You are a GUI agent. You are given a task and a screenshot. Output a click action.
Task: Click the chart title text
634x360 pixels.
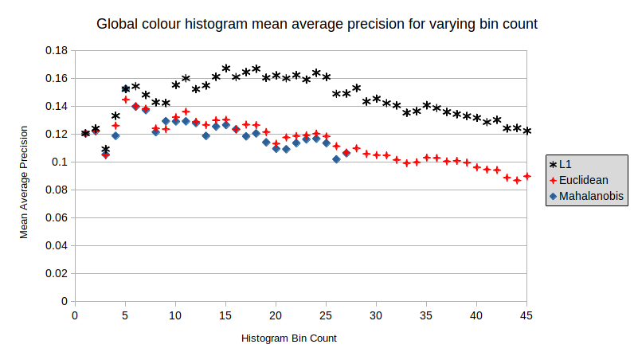[x=316, y=24]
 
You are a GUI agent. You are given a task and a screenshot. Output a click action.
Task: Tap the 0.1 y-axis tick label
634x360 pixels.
[x=60, y=162]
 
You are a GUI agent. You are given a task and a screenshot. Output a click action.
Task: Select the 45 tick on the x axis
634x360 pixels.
[x=526, y=315]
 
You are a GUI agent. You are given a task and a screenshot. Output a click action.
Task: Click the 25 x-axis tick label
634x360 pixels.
[x=326, y=315]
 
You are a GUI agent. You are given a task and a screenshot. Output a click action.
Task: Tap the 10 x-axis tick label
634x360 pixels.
[x=174, y=315]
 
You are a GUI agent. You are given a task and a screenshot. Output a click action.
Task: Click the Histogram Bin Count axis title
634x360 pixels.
[x=288, y=338]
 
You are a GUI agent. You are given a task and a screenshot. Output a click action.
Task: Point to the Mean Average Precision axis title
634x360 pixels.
[x=24, y=182]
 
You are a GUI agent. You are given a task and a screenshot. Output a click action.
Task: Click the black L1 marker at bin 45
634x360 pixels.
[x=526, y=131]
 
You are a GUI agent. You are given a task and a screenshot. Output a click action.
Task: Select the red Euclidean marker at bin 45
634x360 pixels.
[x=526, y=176]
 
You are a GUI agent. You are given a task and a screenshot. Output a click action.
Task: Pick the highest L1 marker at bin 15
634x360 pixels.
[x=225, y=68]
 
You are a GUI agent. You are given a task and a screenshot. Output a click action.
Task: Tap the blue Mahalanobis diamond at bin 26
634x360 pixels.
[x=336, y=159]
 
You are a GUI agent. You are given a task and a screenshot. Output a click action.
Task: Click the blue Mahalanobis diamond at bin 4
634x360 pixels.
[x=115, y=135]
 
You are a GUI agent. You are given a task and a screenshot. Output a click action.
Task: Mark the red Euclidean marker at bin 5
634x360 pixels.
[x=125, y=100]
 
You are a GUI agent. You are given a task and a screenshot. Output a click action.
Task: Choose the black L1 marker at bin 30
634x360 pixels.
[x=376, y=99]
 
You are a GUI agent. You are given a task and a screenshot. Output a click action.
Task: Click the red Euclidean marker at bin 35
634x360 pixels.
[x=426, y=158]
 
